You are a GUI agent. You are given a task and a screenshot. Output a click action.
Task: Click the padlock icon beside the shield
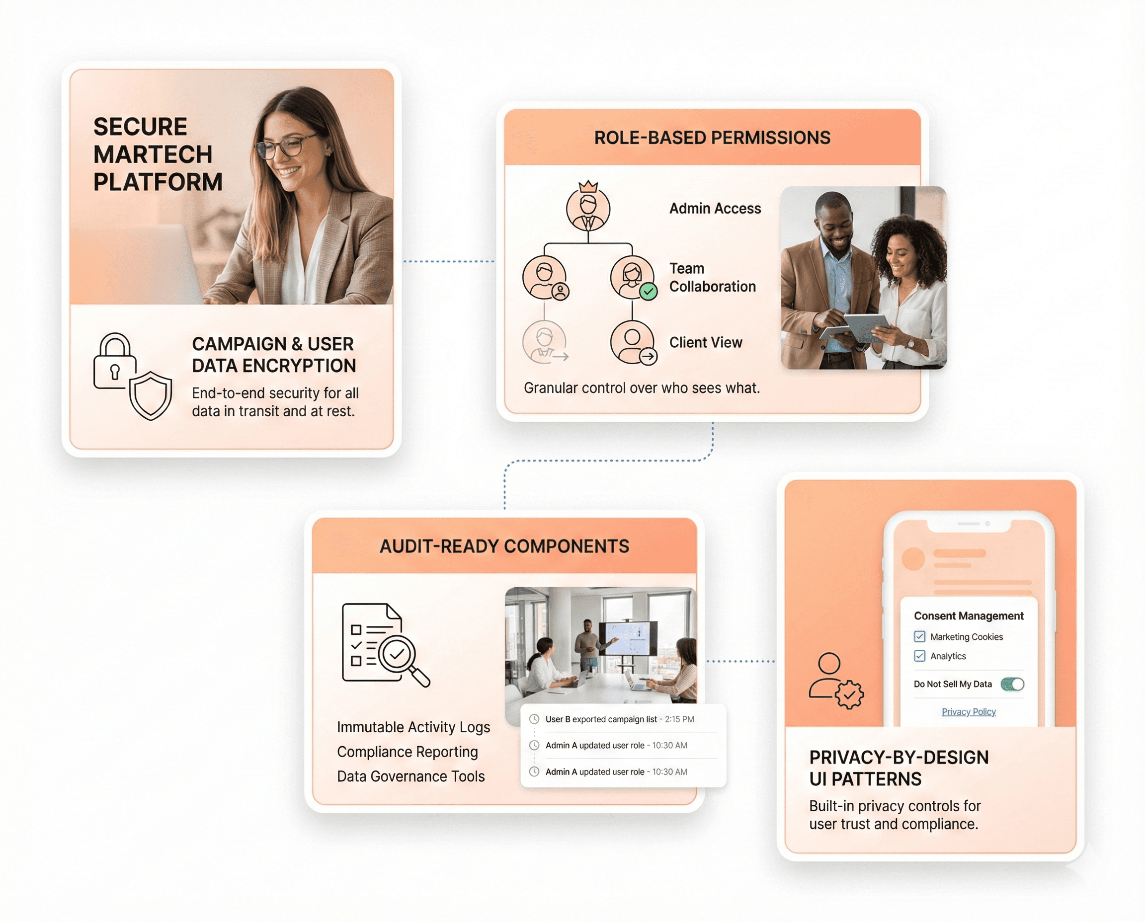point(114,362)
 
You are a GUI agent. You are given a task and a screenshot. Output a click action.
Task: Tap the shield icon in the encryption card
point(151,395)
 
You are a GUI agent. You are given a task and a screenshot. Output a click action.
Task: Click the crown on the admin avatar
point(588,186)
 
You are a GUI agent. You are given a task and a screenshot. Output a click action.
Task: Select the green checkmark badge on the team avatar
point(648,291)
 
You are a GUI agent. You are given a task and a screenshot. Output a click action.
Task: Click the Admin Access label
point(715,208)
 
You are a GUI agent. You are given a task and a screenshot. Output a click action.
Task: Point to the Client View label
point(705,343)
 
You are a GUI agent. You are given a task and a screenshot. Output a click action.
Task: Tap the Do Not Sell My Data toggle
point(1012,684)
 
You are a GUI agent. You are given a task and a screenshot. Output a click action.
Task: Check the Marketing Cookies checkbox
point(920,636)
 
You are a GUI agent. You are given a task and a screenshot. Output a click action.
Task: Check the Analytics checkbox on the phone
point(920,656)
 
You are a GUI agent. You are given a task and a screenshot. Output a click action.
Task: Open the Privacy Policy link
point(969,712)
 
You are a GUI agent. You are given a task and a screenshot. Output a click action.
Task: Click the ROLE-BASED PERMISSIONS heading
point(712,138)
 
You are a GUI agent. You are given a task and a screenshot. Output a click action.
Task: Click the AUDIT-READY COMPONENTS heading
point(504,546)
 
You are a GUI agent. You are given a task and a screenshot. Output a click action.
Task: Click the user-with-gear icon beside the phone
point(836,681)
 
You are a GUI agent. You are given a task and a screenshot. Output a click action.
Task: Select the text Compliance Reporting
point(407,752)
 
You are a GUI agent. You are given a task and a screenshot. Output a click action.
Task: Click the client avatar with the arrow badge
point(632,342)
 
